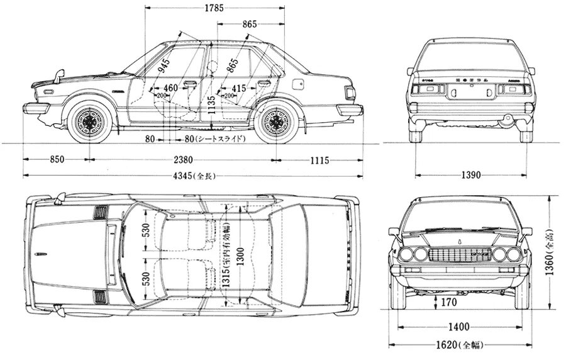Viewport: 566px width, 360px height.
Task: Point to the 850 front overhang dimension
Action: tap(57, 160)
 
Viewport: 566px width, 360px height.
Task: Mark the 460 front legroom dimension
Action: tap(170, 87)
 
